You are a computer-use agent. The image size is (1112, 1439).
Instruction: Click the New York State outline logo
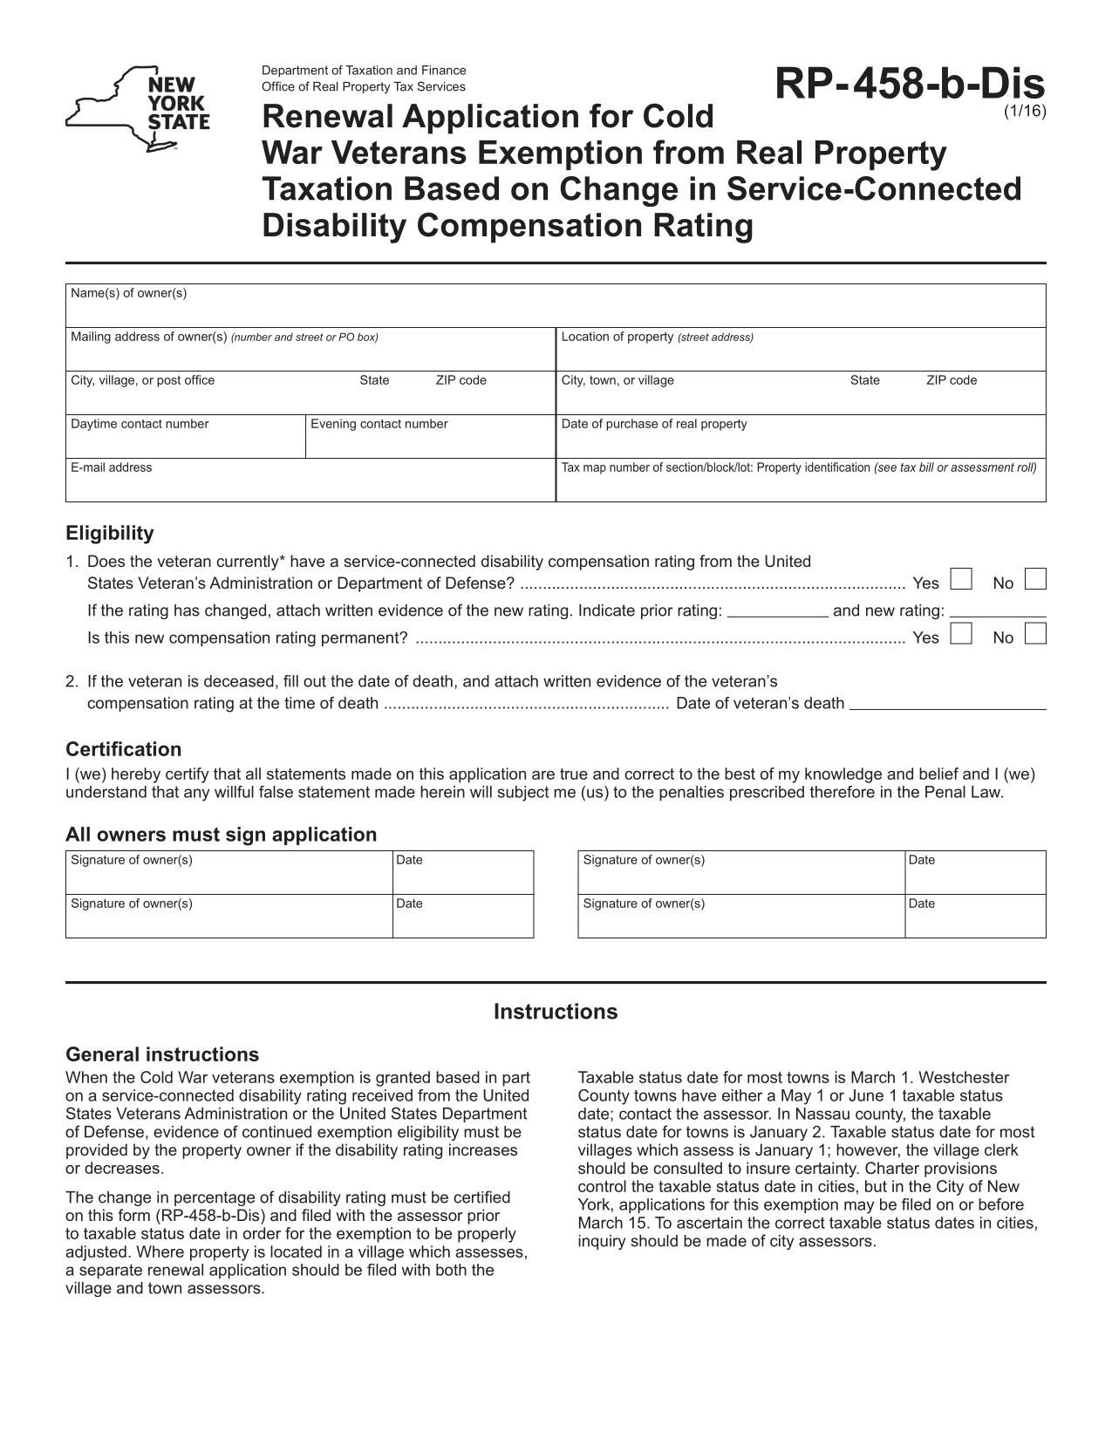click(x=137, y=108)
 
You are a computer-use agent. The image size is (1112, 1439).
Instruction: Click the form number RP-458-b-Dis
click(x=909, y=85)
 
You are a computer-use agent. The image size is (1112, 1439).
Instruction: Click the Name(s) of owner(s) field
click(x=556, y=309)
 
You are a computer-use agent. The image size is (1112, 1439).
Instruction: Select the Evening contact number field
click(x=430, y=440)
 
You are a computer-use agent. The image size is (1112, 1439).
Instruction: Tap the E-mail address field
click(x=310, y=485)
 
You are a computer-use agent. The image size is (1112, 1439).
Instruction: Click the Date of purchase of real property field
click(x=800, y=440)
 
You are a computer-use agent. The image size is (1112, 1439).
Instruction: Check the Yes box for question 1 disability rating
click(x=961, y=579)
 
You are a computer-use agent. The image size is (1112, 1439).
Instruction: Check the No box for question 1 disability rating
click(x=1035, y=579)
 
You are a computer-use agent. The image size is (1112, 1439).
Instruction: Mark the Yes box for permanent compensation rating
click(x=961, y=633)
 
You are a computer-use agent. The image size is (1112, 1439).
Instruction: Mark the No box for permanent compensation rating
click(x=1035, y=633)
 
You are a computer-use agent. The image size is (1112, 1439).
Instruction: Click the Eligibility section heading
click(x=110, y=533)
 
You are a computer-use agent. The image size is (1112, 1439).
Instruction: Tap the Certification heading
click(x=124, y=749)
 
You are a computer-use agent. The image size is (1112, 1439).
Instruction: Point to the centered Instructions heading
click(x=556, y=1012)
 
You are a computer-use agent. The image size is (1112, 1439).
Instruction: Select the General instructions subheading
click(x=162, y=1054)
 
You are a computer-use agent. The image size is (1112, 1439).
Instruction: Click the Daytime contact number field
click(x=185, y=440)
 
